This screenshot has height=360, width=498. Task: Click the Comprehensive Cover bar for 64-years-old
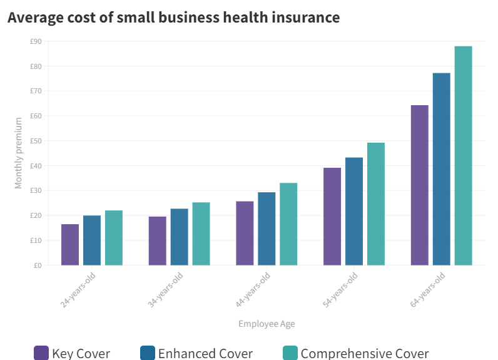(463, 156)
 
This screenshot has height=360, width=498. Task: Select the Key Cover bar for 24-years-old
(69, 245)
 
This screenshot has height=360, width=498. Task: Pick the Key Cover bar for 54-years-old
(332, 217)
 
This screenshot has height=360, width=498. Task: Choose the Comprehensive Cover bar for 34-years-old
(201, 234)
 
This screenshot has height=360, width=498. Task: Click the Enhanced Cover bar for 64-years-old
(441, 169)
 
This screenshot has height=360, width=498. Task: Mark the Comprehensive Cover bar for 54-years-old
(376, 204)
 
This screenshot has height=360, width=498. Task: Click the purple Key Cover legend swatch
(41, 353)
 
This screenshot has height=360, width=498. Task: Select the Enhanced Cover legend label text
(205, 354)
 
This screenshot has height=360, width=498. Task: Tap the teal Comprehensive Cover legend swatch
(290, 353)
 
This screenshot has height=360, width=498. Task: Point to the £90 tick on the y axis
(36, 41)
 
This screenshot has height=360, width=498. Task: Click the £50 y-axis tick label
(36, 141)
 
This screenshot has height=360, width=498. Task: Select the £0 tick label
(38, 265)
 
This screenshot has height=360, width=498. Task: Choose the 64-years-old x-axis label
(427, 290)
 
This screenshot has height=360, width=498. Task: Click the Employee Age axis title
(267, 324)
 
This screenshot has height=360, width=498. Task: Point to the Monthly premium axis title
(18, 153)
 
